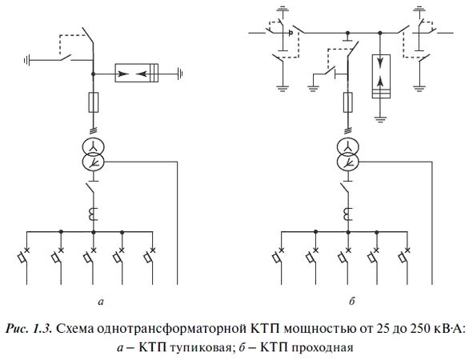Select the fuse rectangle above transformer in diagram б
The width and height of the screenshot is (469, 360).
click(347, 102)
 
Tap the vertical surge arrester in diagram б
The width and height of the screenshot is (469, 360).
click(380, 75)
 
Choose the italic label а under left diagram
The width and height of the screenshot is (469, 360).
click(98, 302)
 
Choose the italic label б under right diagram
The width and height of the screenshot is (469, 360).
click(351, 302)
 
